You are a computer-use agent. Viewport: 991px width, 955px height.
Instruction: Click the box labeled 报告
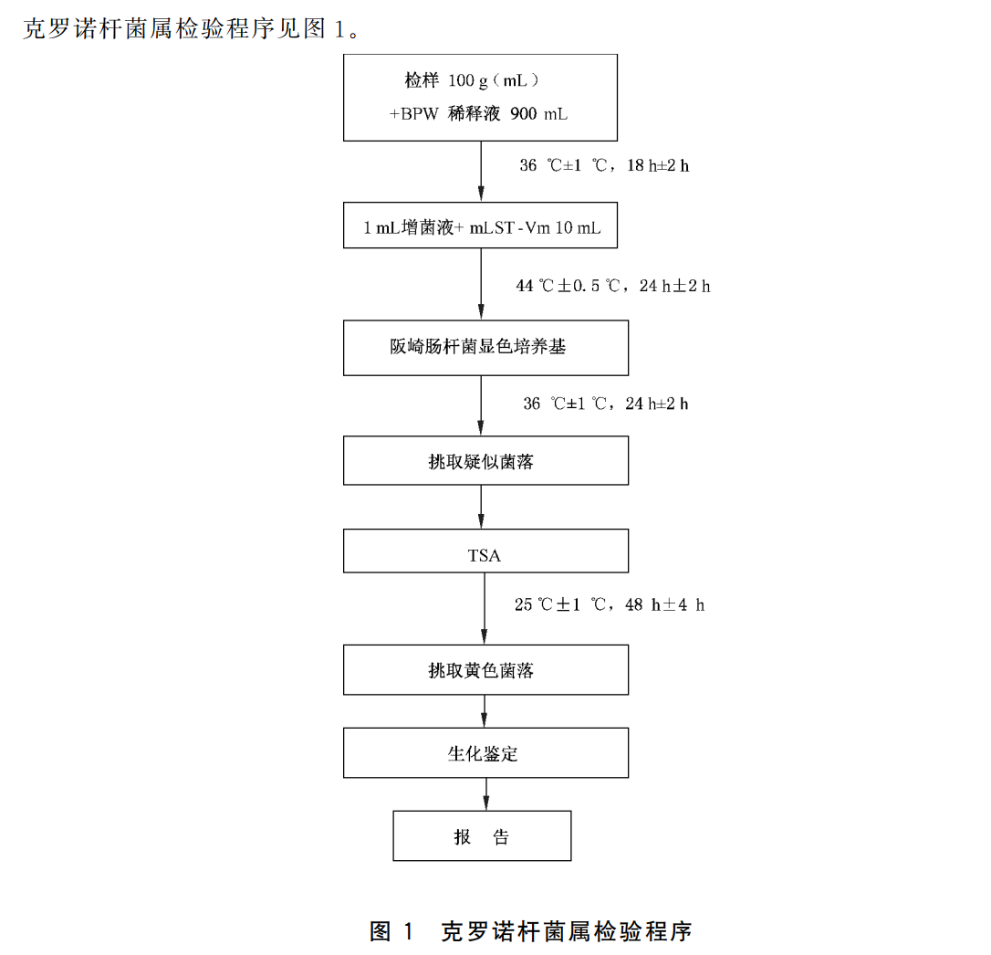point(482,835)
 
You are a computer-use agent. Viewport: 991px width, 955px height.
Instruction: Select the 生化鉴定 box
point(485,752)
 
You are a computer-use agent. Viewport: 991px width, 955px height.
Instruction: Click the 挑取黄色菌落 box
point(485,670)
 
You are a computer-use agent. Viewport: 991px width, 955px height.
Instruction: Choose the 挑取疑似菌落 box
point(485,460)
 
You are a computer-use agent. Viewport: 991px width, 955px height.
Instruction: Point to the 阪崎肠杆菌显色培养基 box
point(485,347)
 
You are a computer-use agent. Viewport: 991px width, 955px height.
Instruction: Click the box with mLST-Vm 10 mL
point(480,227)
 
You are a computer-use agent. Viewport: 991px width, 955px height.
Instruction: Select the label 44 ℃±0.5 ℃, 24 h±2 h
point(612,286)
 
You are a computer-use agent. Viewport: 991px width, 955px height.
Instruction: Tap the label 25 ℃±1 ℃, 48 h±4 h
point(609,604)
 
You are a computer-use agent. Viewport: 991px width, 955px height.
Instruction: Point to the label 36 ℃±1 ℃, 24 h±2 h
point(605,404)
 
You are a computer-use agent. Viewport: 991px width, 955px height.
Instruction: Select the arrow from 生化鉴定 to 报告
point(485,793)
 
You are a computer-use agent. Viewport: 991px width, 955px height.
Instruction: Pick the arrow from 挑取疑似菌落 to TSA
point(485,506)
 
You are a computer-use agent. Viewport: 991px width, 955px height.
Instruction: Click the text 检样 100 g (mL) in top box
point(473,80)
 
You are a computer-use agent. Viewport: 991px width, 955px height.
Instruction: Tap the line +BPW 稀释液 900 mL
point(479,114)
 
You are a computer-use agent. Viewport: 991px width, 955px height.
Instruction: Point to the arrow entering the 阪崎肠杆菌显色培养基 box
point(482,284)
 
